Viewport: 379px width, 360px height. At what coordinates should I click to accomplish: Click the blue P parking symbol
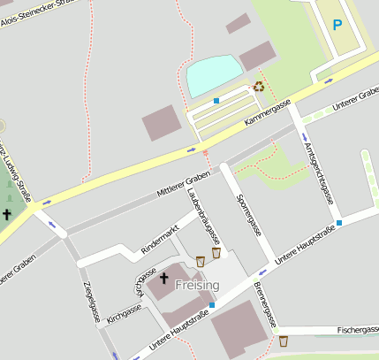[x=337, y=26]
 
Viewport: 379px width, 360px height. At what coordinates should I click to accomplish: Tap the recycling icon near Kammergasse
[x=259, y=87]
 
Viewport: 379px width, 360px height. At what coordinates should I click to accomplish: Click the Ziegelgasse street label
[x=90, y=303]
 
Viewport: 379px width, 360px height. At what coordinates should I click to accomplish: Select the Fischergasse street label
[x=357, y=330]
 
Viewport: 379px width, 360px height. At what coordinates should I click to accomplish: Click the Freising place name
[x=197, y=285]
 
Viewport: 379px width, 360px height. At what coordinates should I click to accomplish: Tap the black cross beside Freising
[x=163, y=280]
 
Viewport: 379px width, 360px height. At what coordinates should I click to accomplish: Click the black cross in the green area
[x=7, y=214]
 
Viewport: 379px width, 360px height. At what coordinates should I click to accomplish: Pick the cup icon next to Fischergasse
[x=284, y=341]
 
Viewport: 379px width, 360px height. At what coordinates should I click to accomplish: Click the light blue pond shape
[x=213, y=76]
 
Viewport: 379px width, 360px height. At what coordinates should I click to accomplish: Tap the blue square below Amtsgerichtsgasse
[x=338, y=223]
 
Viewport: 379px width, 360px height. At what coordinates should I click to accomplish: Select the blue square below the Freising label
[x=211, y=305]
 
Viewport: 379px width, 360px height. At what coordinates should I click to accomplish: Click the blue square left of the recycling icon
[x=216, y=101]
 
